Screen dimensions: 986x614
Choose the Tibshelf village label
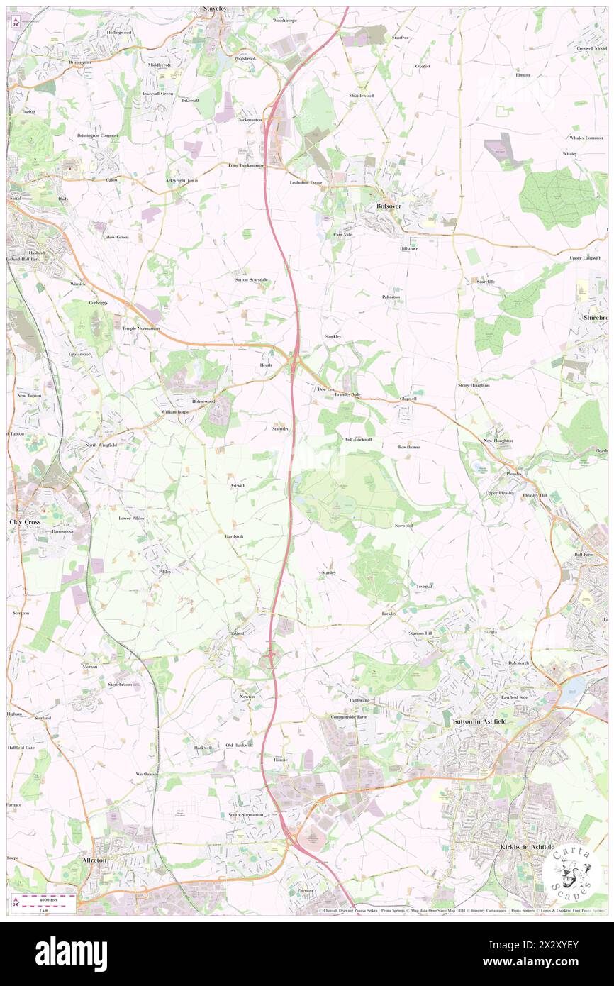236,633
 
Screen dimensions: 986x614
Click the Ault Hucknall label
358,440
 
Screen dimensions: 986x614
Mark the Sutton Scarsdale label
252,279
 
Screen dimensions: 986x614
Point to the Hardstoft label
235,536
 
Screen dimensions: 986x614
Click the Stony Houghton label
474,385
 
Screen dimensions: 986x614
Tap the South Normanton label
245,814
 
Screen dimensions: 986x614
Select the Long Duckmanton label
246,165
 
